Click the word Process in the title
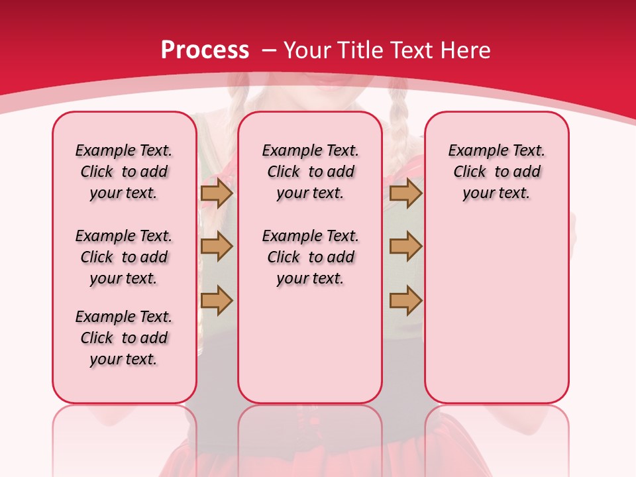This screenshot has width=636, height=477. pos(205,50)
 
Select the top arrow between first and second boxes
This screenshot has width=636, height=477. pos(217,193)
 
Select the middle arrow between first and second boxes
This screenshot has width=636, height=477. pos(217,246)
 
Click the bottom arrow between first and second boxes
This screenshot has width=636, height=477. pos(217,300)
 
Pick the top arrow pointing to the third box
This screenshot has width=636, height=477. pos(405,193)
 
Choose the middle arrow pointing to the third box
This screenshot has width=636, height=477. pos(405,246)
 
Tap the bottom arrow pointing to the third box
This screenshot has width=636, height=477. pos(405,300)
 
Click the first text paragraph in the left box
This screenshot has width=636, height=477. pos(124,172)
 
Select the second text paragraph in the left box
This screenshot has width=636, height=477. pos(124,257)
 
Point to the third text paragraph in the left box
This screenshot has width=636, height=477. pos(124,338)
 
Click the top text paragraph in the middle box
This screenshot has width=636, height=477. pos(310,172)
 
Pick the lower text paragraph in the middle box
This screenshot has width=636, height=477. pos(310,257)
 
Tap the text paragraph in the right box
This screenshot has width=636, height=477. pos(496,172)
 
